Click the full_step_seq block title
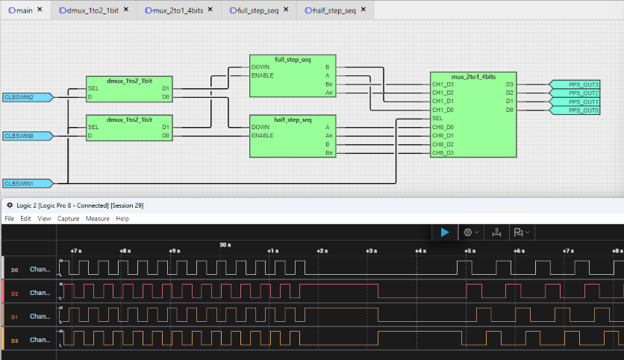coord(293,59)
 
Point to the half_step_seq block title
coord(293,120)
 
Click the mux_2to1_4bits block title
coord(473,77)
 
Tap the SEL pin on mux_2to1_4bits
coord(438,118)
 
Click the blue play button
coord(445,232)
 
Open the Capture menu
coord(68,219)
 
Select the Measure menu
coord(97,219)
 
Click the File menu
coord(10,219)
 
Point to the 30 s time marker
coord(225,244)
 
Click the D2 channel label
coord(15,294)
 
